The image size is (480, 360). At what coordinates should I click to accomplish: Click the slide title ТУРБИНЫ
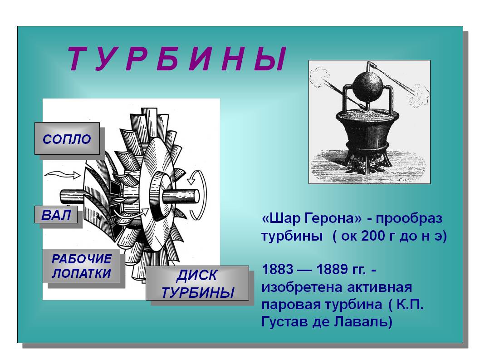click(177, 59)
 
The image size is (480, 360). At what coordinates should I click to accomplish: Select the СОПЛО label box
click(67, 138)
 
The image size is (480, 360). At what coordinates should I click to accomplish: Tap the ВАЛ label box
click(56, 214)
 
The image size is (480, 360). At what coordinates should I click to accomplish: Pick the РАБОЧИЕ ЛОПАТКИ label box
click(81, 266)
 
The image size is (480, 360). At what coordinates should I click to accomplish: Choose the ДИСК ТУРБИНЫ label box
click(197, 283)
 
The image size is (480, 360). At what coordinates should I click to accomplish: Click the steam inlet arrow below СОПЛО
click(63, 175)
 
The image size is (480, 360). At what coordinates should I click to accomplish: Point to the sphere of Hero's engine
click(367, 86)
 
